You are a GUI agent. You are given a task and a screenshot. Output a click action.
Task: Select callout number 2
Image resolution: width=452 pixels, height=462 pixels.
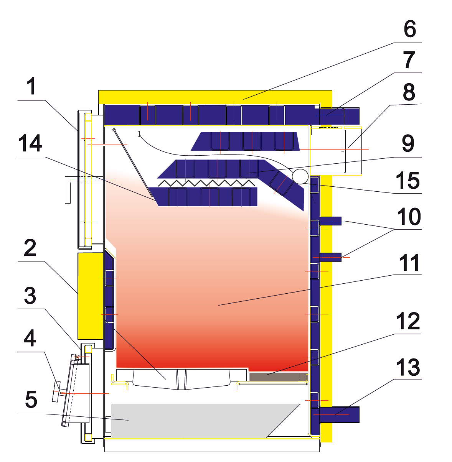30,248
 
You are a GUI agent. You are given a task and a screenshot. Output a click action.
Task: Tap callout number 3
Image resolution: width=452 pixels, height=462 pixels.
30,296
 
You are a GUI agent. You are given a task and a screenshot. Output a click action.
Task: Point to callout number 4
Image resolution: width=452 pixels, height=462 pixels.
30,338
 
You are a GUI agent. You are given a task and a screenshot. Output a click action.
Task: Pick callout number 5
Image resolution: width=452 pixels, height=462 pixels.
31,400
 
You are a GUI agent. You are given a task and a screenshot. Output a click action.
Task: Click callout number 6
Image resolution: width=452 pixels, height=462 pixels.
409,29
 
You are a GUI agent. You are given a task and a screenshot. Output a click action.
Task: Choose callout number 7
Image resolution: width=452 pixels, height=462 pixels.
409,60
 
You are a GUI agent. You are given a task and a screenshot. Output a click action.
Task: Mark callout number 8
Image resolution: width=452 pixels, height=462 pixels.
409,92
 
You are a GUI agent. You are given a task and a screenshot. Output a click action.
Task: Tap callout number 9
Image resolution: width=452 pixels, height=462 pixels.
408,143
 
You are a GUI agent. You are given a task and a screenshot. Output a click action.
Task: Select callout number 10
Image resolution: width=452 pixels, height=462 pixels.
409,217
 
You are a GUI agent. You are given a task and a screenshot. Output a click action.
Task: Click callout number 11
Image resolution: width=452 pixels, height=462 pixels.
409,263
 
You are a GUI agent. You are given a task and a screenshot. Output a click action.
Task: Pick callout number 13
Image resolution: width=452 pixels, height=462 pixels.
408,367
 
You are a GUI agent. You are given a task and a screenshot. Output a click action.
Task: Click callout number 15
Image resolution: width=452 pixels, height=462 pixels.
408,180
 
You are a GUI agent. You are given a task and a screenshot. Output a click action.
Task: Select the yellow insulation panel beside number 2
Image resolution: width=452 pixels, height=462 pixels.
91,295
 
